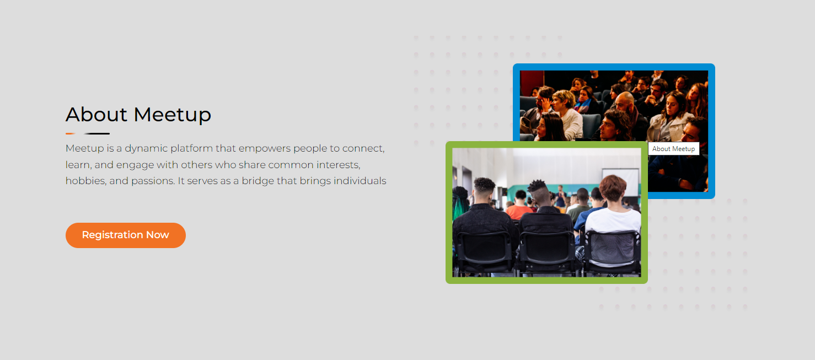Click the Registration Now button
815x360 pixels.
click(x=126, y=235)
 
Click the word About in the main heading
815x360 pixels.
click(x=96, y=115)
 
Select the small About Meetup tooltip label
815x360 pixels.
click(x=673, y=149)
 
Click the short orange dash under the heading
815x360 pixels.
click(x=71, y=133)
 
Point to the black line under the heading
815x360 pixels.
click(x=97, y=133)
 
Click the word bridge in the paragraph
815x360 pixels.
click(x=258, y=181)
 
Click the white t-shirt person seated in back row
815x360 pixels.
click(x=613, y=218)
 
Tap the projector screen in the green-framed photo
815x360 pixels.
click(x=621, y=182)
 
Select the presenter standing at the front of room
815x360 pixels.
click(x=561, y=196)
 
